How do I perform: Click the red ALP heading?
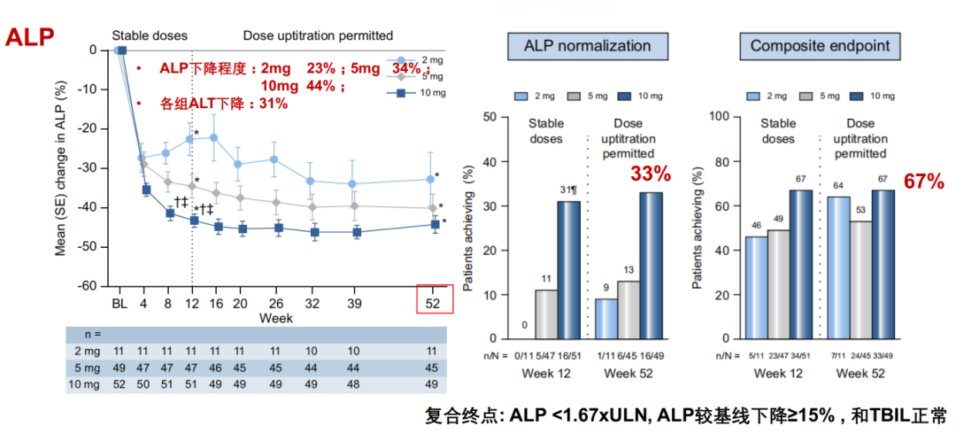(30, 37)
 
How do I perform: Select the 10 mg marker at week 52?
(435, 225)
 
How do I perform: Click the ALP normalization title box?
(587, 46)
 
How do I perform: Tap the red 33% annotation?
(651, 174)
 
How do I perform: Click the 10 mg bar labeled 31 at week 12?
(568, 269)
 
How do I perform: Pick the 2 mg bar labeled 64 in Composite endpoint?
(837, 267)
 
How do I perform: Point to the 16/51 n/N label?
(569, 356)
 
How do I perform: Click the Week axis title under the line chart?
(275, 316)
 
